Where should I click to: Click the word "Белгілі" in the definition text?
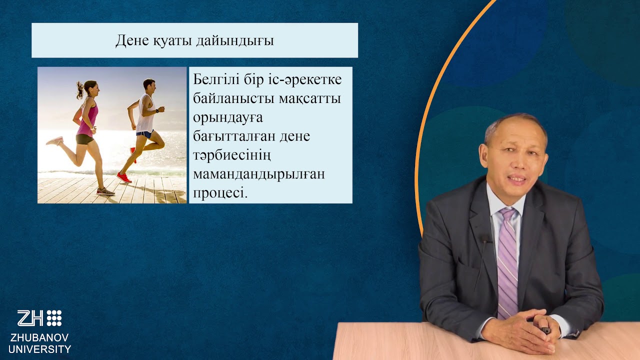[218, 80]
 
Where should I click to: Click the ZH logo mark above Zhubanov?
[39, 318]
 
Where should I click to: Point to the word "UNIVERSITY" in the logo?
[39, 349]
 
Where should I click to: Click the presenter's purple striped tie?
[507, 260]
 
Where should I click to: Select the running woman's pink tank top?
[87, 118]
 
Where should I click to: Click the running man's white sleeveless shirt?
[145, 115]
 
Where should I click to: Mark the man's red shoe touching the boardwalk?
[123, 177]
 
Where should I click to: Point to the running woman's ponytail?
[80, 90]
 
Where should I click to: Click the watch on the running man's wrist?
[157, 110]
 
